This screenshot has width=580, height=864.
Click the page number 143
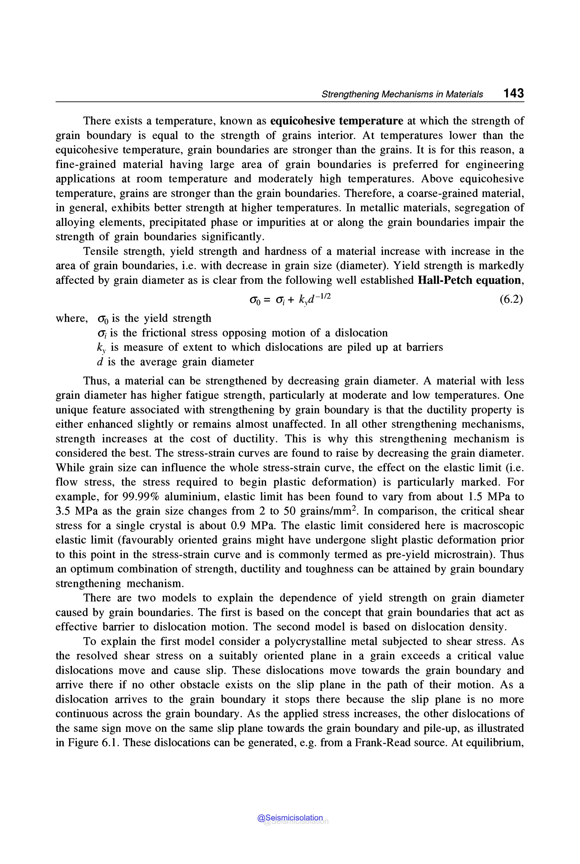point(513,93)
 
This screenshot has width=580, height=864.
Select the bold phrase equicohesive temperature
point(337,121)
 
